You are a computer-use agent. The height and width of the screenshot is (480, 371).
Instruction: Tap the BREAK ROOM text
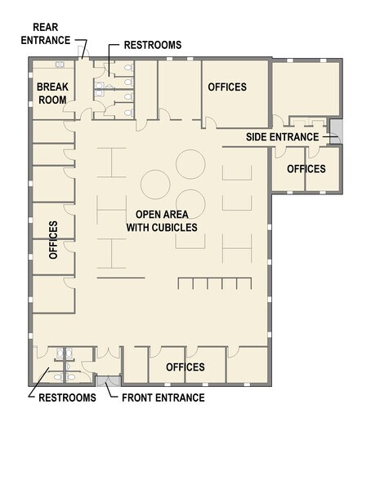coord(49,91)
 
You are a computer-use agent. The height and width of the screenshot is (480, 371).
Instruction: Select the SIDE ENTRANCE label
coord(283,136)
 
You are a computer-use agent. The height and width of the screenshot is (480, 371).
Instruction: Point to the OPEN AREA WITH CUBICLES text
coord(162,221)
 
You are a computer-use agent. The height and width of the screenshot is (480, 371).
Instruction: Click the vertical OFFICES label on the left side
coord(53,239)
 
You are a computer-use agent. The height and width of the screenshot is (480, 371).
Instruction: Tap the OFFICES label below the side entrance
coord(306,169)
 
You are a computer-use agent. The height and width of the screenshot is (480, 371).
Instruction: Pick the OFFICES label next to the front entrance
coord(185,367)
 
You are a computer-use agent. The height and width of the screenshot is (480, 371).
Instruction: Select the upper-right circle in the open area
coord(189,164)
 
